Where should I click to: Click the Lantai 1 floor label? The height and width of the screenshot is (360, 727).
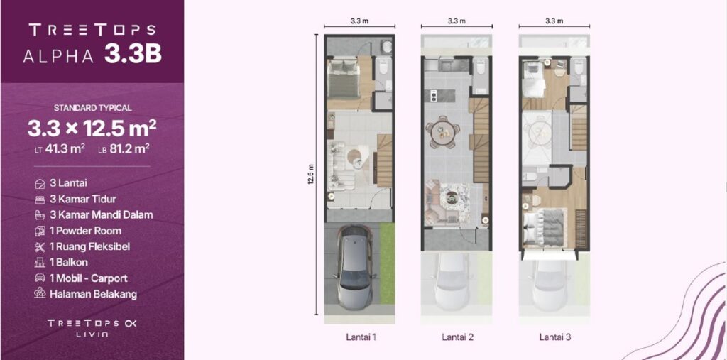pos(361,337)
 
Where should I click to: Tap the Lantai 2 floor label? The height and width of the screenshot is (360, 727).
pos(458,337)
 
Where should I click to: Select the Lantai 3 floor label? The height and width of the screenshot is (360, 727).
pos(555,337)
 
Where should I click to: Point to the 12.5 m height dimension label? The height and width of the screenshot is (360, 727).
pos(311,175)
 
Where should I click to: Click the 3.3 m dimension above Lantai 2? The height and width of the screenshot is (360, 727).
pos(457,21)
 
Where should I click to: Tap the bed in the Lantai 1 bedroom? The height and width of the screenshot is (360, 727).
pos(344,79)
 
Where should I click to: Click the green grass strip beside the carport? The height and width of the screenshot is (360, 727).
pos(387,263)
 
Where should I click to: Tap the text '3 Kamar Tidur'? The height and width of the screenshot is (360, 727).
pos(83,199)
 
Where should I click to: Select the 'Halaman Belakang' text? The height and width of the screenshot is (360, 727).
pos(93,294)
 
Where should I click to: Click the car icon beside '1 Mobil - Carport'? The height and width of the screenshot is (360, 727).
pos(40,278)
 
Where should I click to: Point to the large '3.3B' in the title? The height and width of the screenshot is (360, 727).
pos(133,54)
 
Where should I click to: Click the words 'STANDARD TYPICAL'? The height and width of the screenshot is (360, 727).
pos(93,108)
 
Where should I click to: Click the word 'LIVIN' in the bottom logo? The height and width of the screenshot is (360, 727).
pos(93,334)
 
